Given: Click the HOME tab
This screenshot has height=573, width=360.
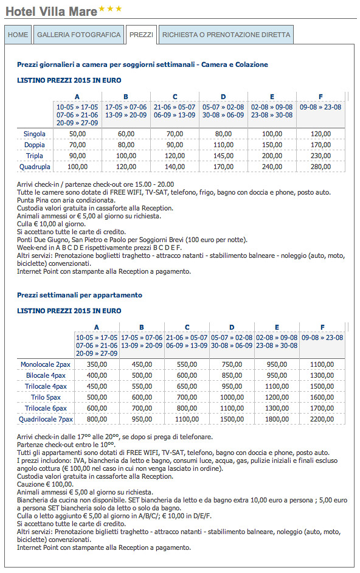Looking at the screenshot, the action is (x=18, y=35).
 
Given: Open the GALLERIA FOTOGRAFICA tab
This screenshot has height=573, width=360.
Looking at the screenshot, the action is (x=78, y=35).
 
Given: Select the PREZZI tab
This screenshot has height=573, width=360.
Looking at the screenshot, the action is (x=142, y=35).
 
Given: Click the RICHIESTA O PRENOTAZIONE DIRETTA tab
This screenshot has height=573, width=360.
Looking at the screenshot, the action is (x=226, y=35).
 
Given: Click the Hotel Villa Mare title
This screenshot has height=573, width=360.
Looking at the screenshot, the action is (x=52, y=12).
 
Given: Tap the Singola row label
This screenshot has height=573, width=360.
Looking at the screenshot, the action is (x=34, y=134).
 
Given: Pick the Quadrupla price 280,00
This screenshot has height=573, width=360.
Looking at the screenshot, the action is (x=320, y=167).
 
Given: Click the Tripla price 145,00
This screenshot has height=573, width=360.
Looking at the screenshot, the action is (x=223, y=156).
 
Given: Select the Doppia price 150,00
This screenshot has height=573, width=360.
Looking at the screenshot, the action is (x=272, y=145).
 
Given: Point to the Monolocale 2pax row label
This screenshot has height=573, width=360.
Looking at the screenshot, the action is (x=46, y=364).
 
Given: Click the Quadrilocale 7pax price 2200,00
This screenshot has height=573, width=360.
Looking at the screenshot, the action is (x=322, y=419).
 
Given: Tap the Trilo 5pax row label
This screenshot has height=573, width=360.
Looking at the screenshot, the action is (x=46, y=397).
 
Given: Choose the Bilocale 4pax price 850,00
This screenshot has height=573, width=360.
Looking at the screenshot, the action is (x=232, y=375).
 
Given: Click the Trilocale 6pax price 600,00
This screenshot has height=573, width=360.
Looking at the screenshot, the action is (x=97, y=408).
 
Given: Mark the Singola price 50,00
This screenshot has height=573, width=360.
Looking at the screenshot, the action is (x=77, y=134).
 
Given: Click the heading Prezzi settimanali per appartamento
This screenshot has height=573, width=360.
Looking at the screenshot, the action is (x=80, y=295).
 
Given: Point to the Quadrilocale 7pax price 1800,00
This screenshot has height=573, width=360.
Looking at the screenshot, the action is (x=277, y=419).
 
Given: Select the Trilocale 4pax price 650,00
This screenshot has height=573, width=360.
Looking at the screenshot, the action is (x=187, y=386).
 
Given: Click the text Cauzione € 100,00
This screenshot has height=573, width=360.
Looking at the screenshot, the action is (x=45, y=484).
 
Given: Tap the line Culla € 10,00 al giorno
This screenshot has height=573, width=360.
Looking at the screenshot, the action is (x=51, y=224).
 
